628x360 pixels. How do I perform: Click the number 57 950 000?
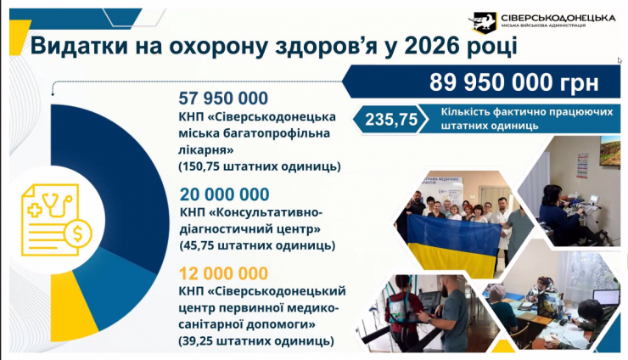[223, 98]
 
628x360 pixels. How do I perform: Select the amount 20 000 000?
[225, 194]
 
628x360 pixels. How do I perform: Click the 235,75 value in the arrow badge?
[391, 120]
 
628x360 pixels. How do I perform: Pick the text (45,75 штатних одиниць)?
[257, 245]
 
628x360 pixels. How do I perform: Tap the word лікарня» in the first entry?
[206, 149]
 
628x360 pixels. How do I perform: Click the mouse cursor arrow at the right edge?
[620, 60]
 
